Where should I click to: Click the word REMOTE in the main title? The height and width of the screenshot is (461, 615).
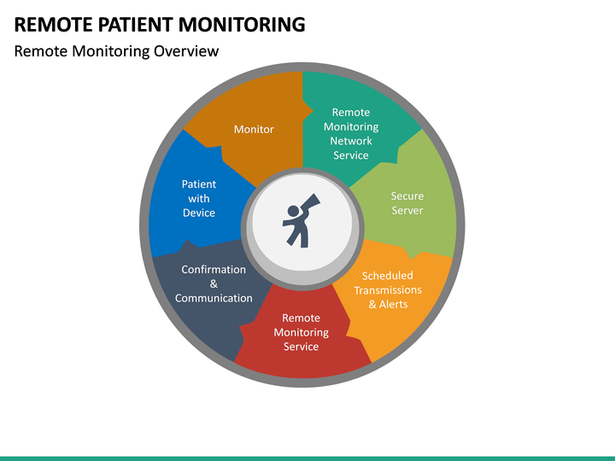pos(54,24)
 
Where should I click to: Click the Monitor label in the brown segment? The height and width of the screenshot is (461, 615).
pos(254,129)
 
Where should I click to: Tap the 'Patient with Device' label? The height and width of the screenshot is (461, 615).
pos(199,198)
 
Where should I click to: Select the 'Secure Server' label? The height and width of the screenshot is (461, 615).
pos(407,203)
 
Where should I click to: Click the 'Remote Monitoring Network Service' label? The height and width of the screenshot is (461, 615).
pos(351,133)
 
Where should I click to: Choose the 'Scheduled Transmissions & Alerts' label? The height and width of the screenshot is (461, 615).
pos(388,289)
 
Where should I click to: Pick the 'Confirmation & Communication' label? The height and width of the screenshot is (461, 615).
pos(214,283)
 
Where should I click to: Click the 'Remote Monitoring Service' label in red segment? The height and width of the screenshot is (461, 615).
pos(301,332)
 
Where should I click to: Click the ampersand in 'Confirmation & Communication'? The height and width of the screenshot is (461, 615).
pos(214,283)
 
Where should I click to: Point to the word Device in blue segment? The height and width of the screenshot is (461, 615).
pos(199,213)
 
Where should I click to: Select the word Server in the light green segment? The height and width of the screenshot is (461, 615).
pos(407,210)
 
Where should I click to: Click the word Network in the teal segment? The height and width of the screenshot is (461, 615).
pos(351,141)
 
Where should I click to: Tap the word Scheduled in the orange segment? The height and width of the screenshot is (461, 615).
pos(388,276)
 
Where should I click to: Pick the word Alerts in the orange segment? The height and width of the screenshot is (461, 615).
pos(394,304)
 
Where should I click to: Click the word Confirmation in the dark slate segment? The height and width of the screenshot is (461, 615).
pos(214,269)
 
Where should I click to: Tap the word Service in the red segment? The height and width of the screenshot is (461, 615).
pos(301,347)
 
